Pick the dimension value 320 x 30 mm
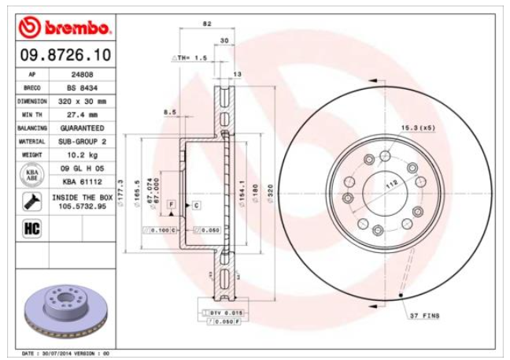click(x=82, y=101)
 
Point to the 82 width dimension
click(x=207, y=24)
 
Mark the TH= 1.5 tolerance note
click(x=189, y=58)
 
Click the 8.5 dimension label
click(x=169, y=113)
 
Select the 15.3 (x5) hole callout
click(x=418, y=127)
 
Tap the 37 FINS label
click(x=426, y=316)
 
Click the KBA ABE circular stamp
click(x=32, y=174)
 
